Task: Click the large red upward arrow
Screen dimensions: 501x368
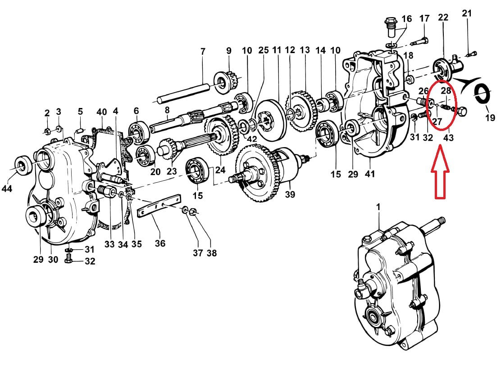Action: [x=440, y=172]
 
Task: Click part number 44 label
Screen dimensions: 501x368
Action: [x=7, y=188]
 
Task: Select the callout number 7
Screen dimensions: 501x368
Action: [x=203, y=51]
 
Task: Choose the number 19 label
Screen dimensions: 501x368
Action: [x=490, y=117]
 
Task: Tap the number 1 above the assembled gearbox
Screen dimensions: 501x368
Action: [x=378, y=207]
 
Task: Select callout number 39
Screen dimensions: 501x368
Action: [x=290, y=194]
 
